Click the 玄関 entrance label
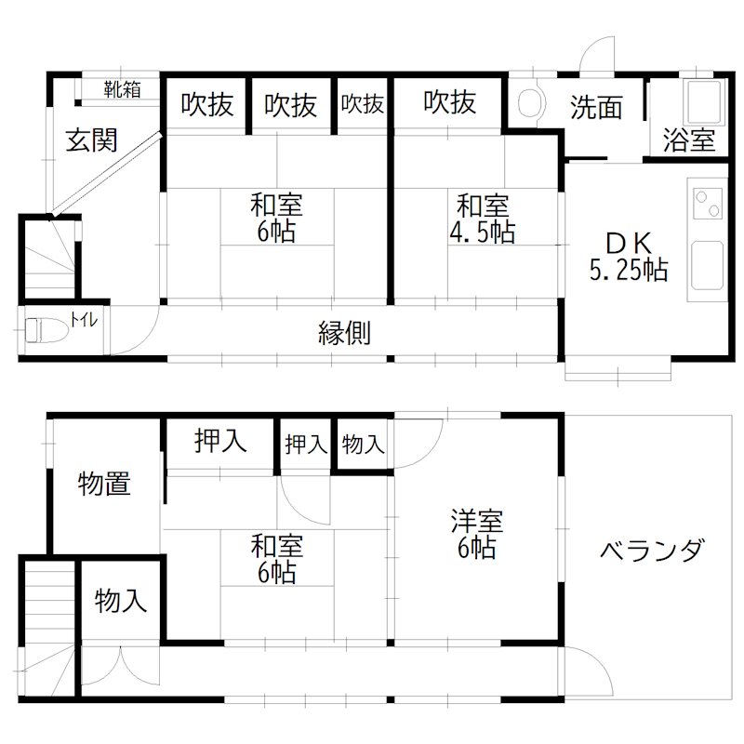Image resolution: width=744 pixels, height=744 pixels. point(91,140)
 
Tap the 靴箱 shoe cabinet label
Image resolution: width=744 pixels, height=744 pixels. point(122,90)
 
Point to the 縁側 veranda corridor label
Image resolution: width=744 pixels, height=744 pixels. point(345,333)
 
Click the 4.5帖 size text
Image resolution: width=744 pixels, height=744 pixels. point(482,232)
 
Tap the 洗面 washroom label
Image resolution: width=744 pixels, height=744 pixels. point(595,109)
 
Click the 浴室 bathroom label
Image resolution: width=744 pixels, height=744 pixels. point(689,141)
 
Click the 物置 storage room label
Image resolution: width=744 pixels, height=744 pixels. point(104,484)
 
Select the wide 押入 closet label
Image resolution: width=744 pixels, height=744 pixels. point(220,441)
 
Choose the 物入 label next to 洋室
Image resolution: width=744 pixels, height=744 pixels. point(363,445)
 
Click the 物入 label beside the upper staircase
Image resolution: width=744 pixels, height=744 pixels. point(121,602)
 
